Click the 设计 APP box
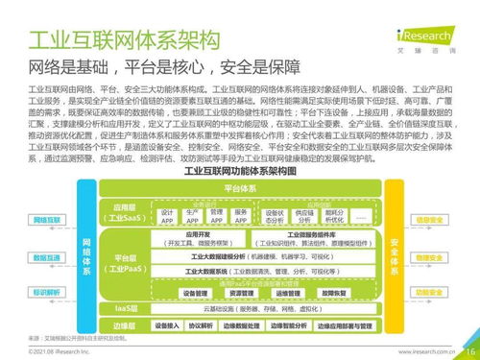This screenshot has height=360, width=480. [x=167, y=216]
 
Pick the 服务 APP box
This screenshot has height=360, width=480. [x=241, y=216]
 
